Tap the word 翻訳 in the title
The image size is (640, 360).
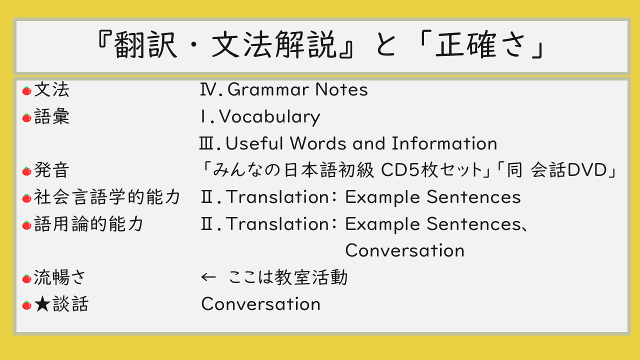coord(145,44)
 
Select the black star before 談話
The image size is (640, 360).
coord(42,303)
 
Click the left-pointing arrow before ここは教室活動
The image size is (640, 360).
coord(208,277)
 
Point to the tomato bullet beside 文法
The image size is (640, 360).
coord(27,90)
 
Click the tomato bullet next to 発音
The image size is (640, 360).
coord(27,171)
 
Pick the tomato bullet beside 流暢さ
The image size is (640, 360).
coord(27,278)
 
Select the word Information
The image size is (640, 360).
coord(444,143)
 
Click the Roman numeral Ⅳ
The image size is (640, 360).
coord(209,89)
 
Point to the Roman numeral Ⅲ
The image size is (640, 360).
coord(206,143)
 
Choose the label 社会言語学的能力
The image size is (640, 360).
coord(107,197)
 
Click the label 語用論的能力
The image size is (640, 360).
coord(88,223)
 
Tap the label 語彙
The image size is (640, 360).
coord(51,116)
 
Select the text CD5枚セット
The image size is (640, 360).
coord(431,169)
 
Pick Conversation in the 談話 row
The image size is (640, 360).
coord(260,303)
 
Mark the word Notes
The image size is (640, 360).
coord(341,89)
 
